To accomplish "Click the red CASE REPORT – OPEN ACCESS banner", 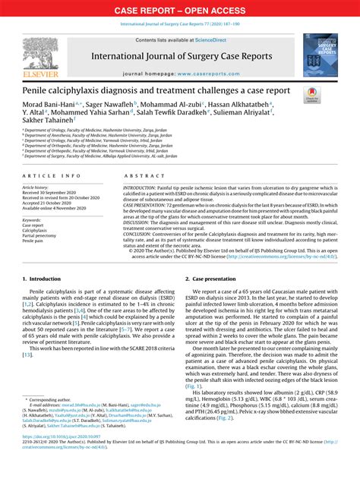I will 180,11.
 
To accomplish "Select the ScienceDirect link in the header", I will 215,39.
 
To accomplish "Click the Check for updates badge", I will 311,94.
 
